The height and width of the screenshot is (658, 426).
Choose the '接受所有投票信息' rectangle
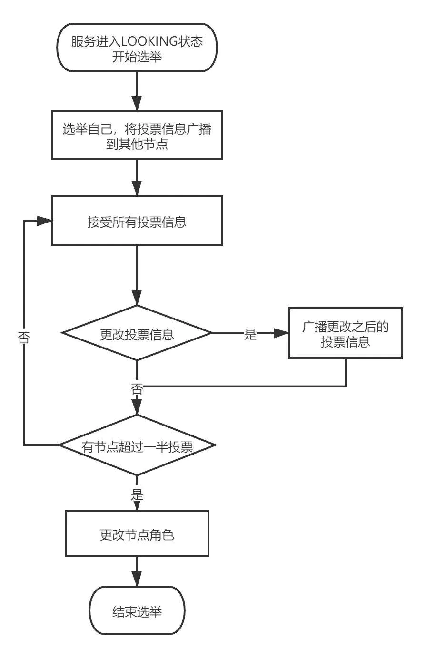pyautogui.click(x=137, y=222)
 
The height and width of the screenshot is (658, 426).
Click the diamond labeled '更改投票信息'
pyautogui.click(x=137, y=334)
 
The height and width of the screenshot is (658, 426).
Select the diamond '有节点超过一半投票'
pyautogui.click(x=137, y=445)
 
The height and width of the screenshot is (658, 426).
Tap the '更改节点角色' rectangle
pyautogui.click(x=137, y=534)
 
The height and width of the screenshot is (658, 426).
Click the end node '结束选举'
pyautogui.click(x=137, y=611)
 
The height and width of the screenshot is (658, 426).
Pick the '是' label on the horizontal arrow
pyautogui.click(x=250, y=335)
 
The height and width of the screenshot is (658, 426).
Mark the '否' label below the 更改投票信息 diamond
pyautogui.click(x=137, y=389)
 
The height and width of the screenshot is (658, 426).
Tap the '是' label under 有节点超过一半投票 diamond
pyautogui.click(x=137, y=494)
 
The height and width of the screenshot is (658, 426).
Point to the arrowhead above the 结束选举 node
pyautogui.click(x=137, y=580)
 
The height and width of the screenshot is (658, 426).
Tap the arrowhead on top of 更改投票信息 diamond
pyautogui.click(x=137, y=299)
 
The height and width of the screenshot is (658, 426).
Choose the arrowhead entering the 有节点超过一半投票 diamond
pyautogui.click(x=137, y=408)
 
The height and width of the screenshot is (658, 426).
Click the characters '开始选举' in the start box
pyautogui.click(x=137, y=57)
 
